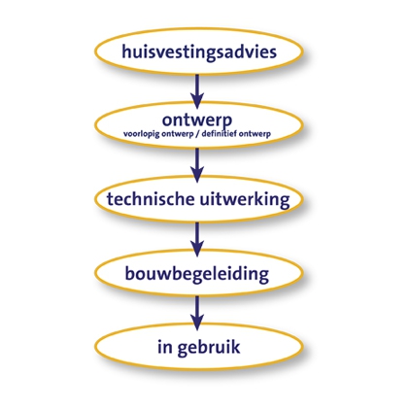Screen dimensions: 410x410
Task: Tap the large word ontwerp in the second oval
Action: [197, 120]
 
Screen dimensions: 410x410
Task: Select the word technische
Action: [151, 199]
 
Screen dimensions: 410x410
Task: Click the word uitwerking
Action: [245, 200]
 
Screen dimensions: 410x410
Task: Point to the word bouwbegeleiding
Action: [197, 275]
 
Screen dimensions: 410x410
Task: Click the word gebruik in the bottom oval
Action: [209, 348]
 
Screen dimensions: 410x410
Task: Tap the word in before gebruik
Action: [164, 346]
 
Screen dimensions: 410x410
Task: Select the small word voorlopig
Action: [142, 134]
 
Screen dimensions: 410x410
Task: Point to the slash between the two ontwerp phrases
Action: [196, 134]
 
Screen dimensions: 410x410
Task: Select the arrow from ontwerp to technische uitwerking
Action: [197, 165]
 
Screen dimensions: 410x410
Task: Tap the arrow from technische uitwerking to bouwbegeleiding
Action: [197, 239]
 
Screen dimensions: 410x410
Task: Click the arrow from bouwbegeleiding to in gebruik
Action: [197, 313]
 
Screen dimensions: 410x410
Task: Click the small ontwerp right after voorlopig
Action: [177, 135]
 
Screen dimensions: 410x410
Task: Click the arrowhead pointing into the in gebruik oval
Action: [197, 323]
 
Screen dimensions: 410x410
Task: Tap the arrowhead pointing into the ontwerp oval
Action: [197, 101]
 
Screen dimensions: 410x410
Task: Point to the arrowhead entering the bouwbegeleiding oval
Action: [197, 249]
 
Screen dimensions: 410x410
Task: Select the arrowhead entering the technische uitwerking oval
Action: [197, 174]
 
